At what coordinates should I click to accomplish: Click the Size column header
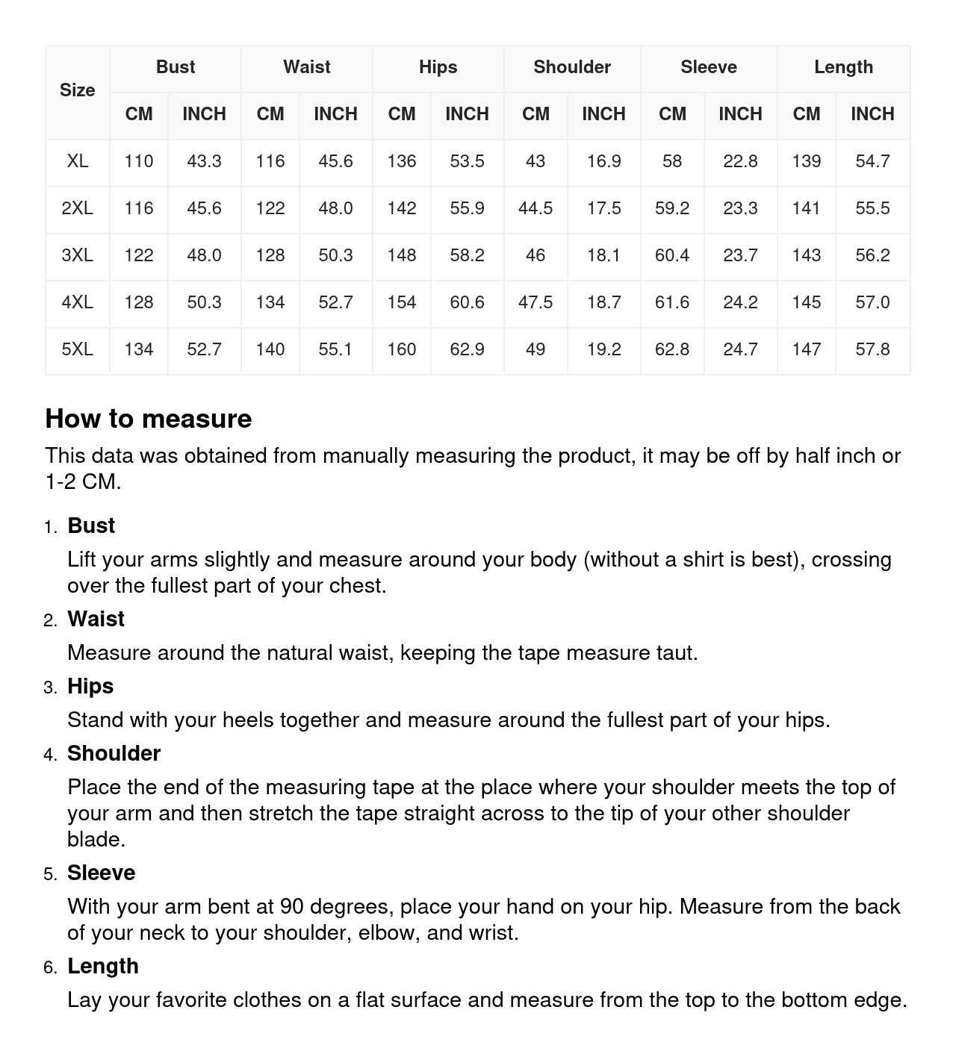[x=77, y=90]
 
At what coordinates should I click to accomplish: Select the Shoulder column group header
[x=572, y=67]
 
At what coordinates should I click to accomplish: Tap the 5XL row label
[x=77, y=349]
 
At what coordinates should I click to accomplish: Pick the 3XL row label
[x=77, y=255]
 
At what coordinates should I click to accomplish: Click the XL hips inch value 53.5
[x=467, y=161]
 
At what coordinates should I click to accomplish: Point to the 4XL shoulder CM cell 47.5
[x=536, y=302]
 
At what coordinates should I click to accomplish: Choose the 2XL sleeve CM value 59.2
[x=672, y=208]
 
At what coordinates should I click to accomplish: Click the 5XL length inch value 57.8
[x=872, y=349]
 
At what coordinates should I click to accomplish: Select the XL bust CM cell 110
[x=139, y=161]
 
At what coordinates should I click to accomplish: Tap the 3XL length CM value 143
[x=807, y=255]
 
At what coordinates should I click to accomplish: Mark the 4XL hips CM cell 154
[x=402, y=302]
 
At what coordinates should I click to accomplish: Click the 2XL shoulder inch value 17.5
[x=603, y=208]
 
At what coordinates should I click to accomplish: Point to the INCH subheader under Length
[x=872, y=114]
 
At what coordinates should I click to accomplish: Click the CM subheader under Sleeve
[x=672, y=114]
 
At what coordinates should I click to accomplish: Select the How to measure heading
[x=149, y=419]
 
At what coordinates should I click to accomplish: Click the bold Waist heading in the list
[x=96, y=619]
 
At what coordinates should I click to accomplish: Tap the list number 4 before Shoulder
[x=50, y=755]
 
